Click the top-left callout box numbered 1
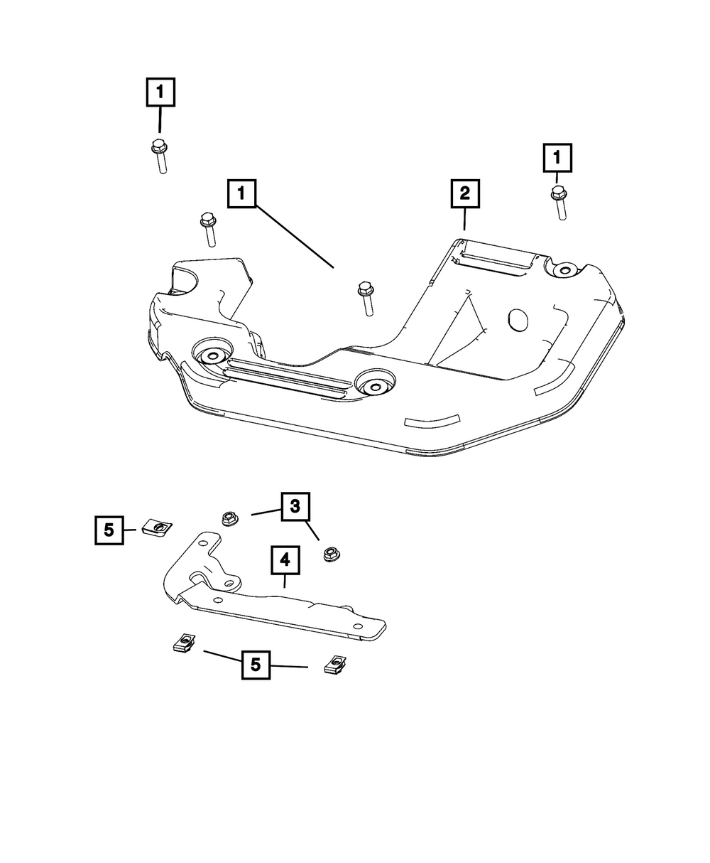point(160,92)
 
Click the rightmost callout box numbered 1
point(557,159)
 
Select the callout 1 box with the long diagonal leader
point(241,193)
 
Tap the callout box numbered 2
point(464,193)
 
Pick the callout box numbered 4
point(284,561)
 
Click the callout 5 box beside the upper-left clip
point(109,530)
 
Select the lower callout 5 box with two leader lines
point(256,666)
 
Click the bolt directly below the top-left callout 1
point(160,157)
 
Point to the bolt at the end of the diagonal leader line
point(366,298)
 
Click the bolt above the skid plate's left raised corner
point(209,228)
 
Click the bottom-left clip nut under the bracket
point(184,643)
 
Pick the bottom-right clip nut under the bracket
point(334,665)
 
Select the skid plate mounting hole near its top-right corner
point(564,269)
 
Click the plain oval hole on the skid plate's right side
point(517,320)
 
